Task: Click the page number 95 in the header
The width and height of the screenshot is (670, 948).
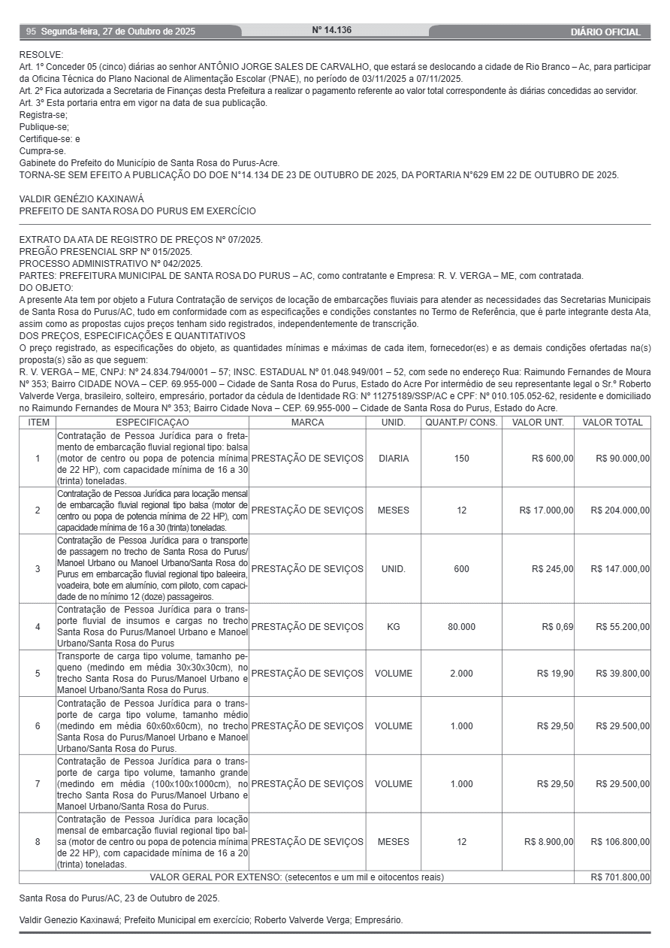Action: point(31,32)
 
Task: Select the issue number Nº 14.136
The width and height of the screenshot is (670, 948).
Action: point(332,31)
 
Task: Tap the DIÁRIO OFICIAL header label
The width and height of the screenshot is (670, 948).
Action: point(605,32)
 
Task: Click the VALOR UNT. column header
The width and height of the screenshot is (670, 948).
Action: point(538,423)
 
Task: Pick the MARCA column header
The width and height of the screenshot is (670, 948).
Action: point(307,423)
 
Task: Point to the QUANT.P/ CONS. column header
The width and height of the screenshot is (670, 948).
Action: point(461,423)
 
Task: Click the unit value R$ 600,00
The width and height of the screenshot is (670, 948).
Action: point(552,458)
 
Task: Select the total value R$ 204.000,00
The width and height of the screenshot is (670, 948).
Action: point(620,510)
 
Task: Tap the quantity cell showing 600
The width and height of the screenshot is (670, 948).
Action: point(461,568)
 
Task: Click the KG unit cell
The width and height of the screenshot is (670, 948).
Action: point(394,626)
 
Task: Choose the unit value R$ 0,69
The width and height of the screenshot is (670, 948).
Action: point(557,626)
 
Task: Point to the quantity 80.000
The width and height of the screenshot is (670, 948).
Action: point(461,626)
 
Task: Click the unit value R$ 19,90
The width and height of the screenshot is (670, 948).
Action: point(555,673)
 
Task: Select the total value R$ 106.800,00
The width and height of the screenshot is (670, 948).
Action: point(620,841)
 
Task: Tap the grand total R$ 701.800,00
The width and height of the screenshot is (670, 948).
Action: point(620,877)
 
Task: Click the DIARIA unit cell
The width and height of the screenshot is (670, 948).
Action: point(394,458)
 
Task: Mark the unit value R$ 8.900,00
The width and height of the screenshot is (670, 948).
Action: point(549,841)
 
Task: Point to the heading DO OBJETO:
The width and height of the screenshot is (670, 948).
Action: point(47,288)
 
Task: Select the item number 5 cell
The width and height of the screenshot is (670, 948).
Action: point(38,673)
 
